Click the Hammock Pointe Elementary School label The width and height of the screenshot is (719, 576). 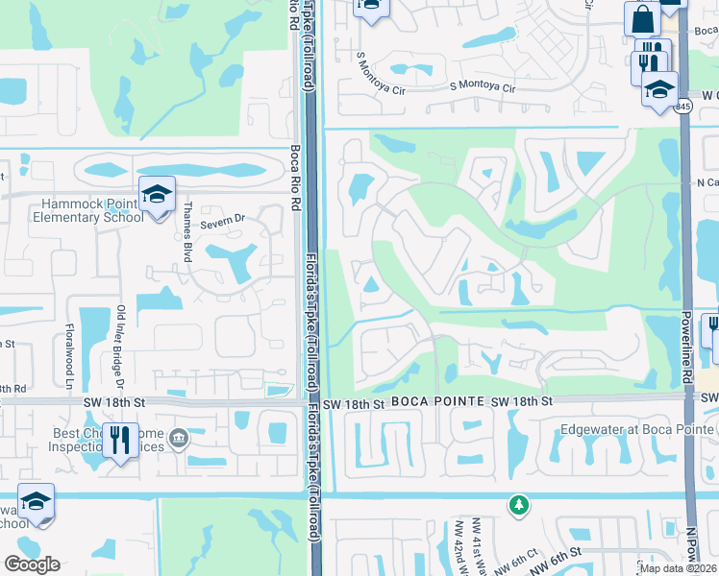click(91, 210)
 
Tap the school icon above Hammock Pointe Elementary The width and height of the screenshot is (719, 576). click(156, 194)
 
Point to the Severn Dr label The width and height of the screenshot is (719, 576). click(223, 224)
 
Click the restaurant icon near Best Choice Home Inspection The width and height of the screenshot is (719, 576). click(120, 441)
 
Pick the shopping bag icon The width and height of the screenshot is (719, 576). click(641, 18)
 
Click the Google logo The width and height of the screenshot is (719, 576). click(32, 564)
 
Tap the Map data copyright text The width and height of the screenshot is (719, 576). click(679, 568)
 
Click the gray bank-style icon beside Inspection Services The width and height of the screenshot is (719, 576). click(179, 440)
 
